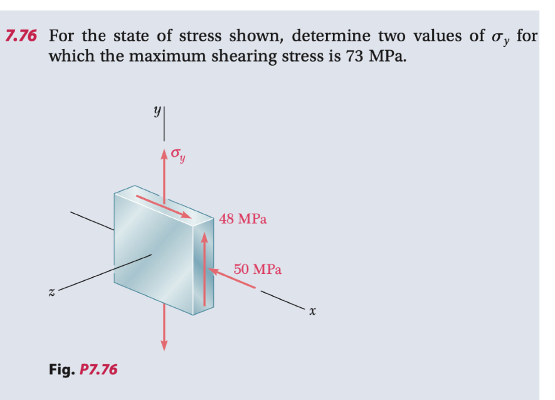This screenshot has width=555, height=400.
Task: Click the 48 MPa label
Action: (243, 219)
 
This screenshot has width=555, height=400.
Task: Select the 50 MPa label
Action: (258, 270)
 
